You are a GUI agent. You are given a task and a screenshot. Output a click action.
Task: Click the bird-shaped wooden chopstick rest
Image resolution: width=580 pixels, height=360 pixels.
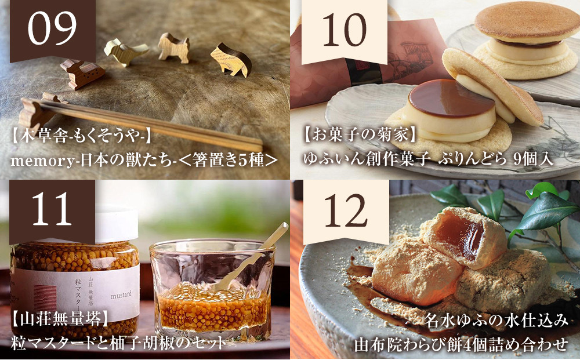click(125, 51)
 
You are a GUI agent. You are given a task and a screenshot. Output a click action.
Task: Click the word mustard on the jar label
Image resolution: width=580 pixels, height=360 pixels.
click(115, 294)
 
